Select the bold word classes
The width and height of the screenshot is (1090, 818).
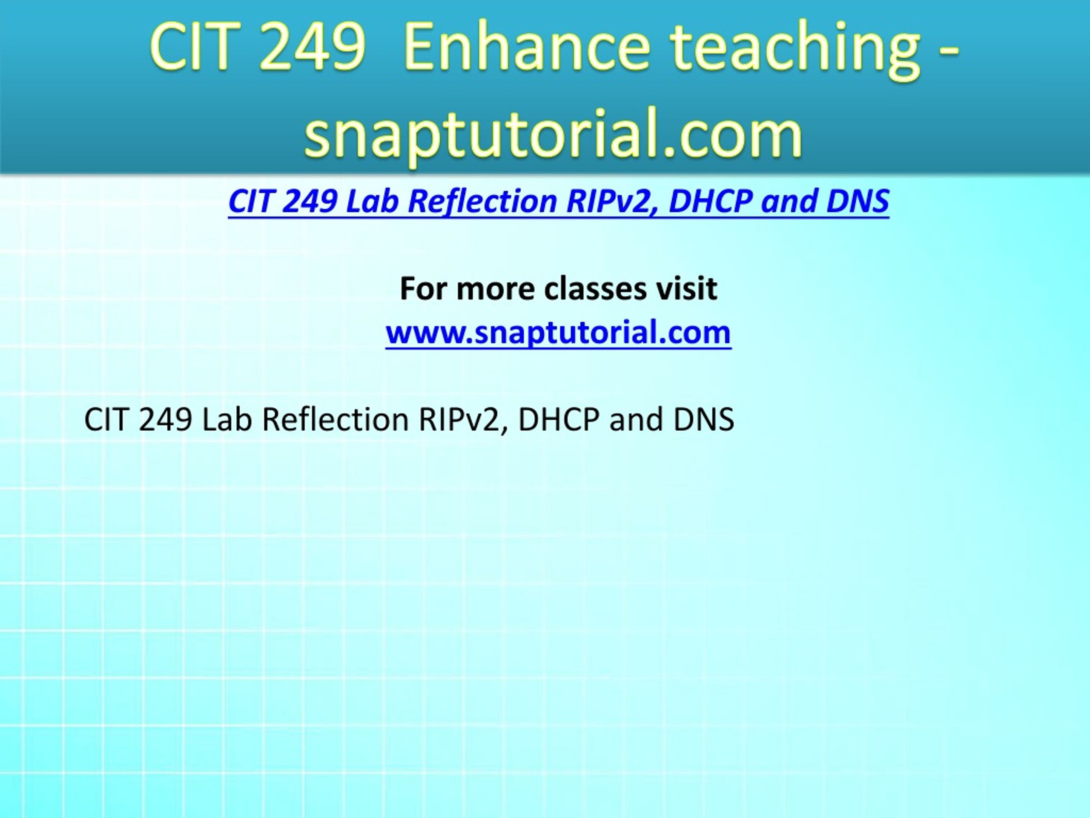click(x=595, y=288)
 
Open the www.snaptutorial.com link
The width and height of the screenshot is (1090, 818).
click(x=558, y=332)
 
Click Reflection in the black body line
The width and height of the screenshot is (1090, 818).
click(x=336, y=420)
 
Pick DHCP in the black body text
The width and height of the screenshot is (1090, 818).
click(x=559, y=420)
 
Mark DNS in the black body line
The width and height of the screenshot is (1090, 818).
click(x=704, y=420)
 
